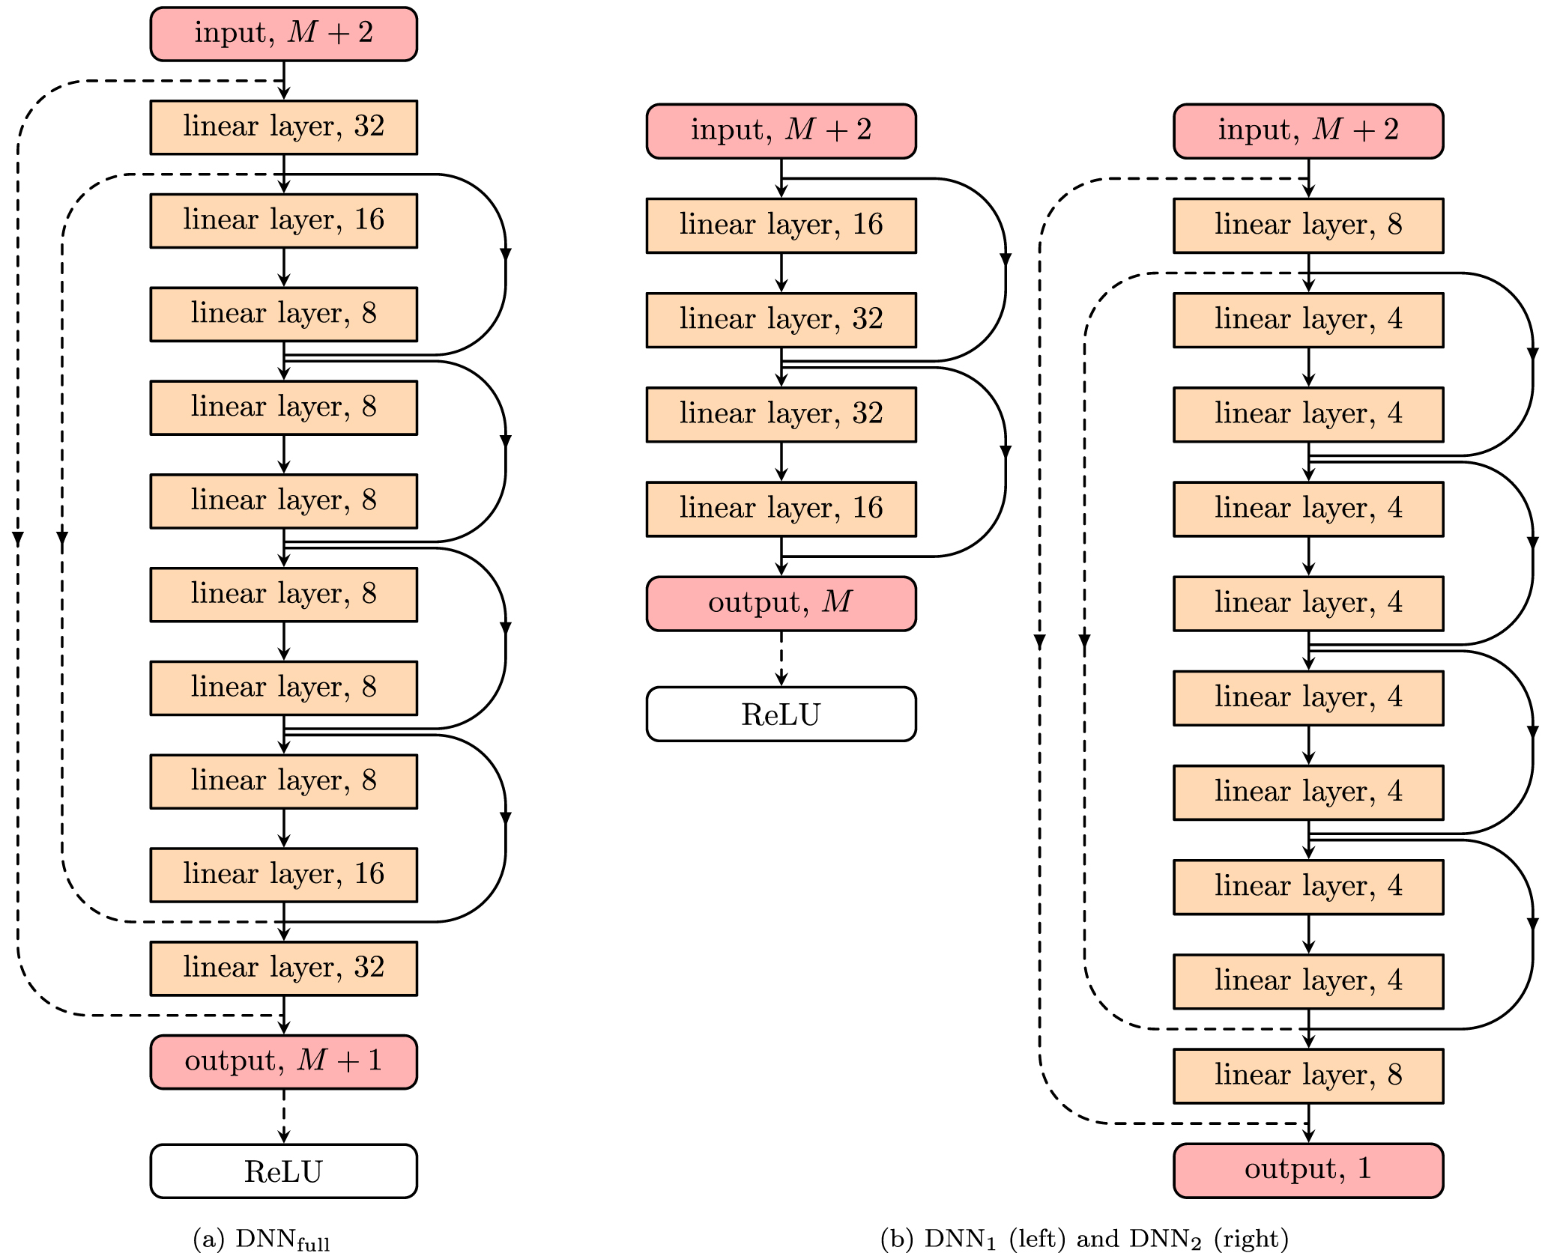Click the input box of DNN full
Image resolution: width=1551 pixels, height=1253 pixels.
283,34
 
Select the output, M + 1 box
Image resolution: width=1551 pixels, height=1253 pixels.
283,1061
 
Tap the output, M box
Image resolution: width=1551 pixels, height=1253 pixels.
781,603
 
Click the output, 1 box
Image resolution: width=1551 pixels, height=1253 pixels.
1307,1170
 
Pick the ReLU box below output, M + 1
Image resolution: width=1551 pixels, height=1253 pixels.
283,1171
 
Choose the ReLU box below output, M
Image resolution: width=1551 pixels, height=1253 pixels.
781,714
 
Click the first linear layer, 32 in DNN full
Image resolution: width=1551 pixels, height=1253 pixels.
283,127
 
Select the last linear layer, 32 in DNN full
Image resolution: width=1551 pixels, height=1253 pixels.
283,968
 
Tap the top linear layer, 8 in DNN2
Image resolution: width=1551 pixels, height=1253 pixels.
1307,225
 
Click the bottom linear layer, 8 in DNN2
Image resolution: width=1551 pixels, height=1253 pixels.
1307,1075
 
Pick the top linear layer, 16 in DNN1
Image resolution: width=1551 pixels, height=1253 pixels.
781,225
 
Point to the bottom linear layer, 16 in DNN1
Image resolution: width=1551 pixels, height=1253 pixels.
781,509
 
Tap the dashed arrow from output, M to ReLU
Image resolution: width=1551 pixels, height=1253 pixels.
781,658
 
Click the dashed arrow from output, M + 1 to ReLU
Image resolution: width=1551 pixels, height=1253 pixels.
283,1115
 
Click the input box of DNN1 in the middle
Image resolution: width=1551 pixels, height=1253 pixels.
781,130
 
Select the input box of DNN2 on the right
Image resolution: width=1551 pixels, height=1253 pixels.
1307,130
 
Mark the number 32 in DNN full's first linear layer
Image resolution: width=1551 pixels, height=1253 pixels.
369,126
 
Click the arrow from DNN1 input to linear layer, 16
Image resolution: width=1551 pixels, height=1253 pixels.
781,178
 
